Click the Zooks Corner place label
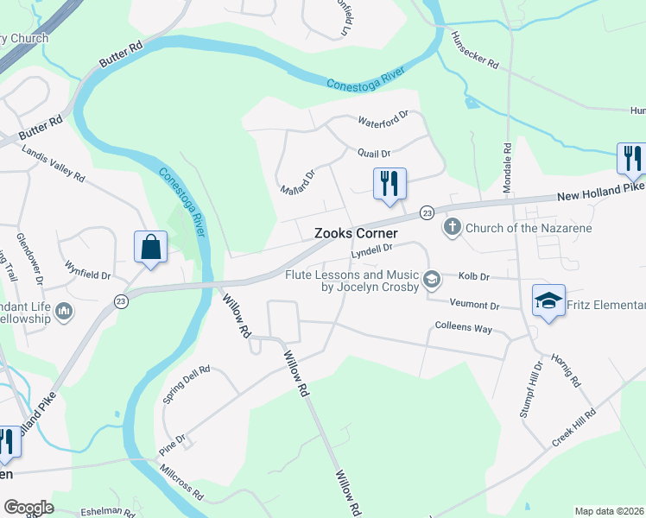click(x=356, y=233)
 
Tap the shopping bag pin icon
click(x=150, y=247)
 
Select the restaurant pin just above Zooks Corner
click(x=389, y=184)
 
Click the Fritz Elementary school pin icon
click(x=548, y=300)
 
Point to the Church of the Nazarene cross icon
click(x=452, y=228)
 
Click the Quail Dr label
click(x=374, y=153)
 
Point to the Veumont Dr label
click(x=475, y=306)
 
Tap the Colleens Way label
click(x=463, y=329)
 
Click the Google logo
click(x=28, y=508)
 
